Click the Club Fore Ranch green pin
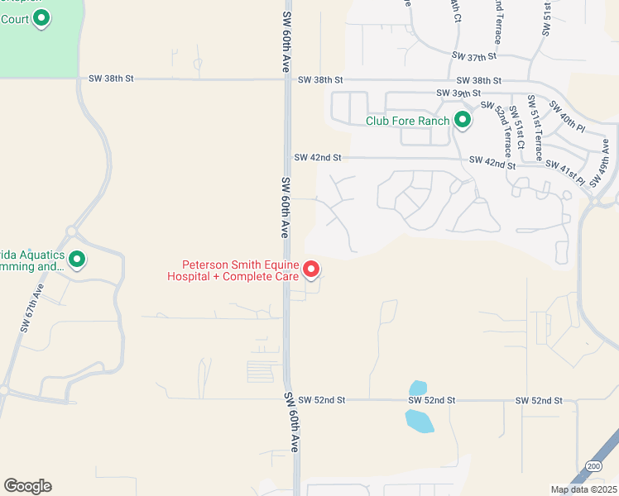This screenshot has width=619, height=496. tap(463, 121)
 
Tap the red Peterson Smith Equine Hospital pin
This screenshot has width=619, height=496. tap(311, 269)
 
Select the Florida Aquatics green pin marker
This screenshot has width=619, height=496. tap(77, 260)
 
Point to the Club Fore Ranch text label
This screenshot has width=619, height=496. tap(408, 122)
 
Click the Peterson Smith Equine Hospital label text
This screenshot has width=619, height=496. tap(233, 272)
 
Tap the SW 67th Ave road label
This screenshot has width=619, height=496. tap(31, 307)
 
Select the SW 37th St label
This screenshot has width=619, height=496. tap(474, 56)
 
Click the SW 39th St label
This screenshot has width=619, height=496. tap(460, 94)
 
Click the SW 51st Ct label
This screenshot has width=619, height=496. tap(520, 126)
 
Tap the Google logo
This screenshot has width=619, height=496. tap(27, 486)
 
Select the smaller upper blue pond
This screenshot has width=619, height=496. tap(418, 388)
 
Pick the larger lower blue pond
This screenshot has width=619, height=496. tap(419, 421)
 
